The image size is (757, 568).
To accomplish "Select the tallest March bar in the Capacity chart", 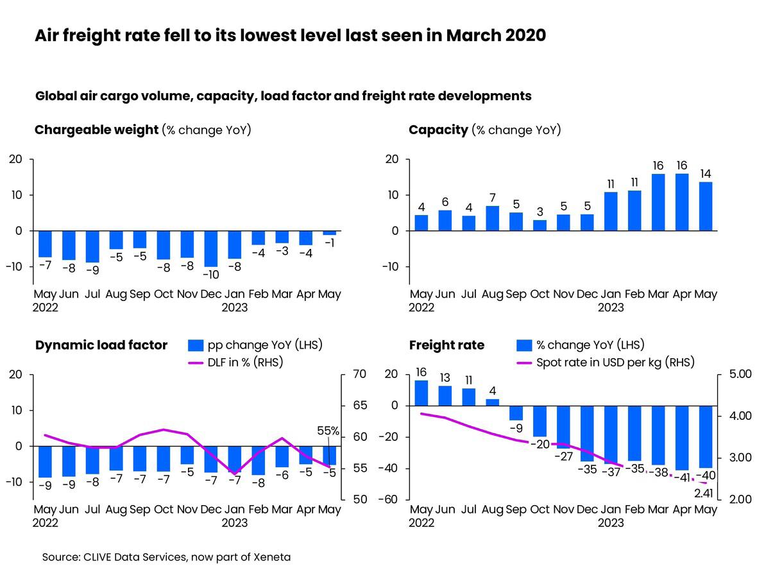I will pyautogui.click(x=658, y=202).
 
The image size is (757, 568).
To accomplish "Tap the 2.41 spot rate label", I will pyautogui.click(x=704, y=493).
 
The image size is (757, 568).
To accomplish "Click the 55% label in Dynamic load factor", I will pyautogui.click(x=328, y=431).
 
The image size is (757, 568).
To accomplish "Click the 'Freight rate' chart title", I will pyautogui.click(x=447, y=345).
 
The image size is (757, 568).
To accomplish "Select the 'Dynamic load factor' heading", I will pyautogui.click(x=101, y=345).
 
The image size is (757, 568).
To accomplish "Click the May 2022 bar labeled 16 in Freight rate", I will pyautogui.click(x=421, y=393).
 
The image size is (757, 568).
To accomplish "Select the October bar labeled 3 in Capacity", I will pyautogui.click(x=540, y=225).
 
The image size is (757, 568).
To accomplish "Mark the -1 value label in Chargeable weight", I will pyautogui.click(x=330, y=243).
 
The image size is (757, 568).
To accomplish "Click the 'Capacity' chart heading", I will pyautogui.click(x=438, y=130).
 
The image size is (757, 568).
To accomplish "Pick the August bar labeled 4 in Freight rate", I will pyautogui.click(x=493, y=402).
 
